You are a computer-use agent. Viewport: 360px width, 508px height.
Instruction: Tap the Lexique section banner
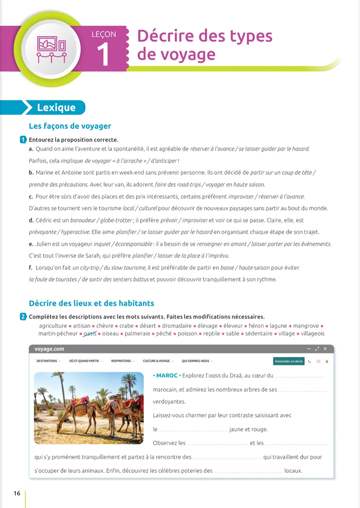point(56,108)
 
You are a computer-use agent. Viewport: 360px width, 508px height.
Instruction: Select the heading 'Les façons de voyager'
point(70,126)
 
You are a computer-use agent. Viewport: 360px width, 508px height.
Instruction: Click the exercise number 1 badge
point(23,140)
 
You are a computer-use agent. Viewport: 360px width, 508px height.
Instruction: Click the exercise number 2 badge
point(23,316)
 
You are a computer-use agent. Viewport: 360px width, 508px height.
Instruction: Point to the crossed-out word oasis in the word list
point(90,333)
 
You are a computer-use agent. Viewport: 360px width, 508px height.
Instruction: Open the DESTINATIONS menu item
point(47,361)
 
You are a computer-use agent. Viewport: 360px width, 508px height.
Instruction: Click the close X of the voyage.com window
point(325,349)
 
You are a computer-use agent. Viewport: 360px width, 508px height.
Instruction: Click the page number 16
point(17,493)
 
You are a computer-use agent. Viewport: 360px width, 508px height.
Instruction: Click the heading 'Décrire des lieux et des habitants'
point(91,303)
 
